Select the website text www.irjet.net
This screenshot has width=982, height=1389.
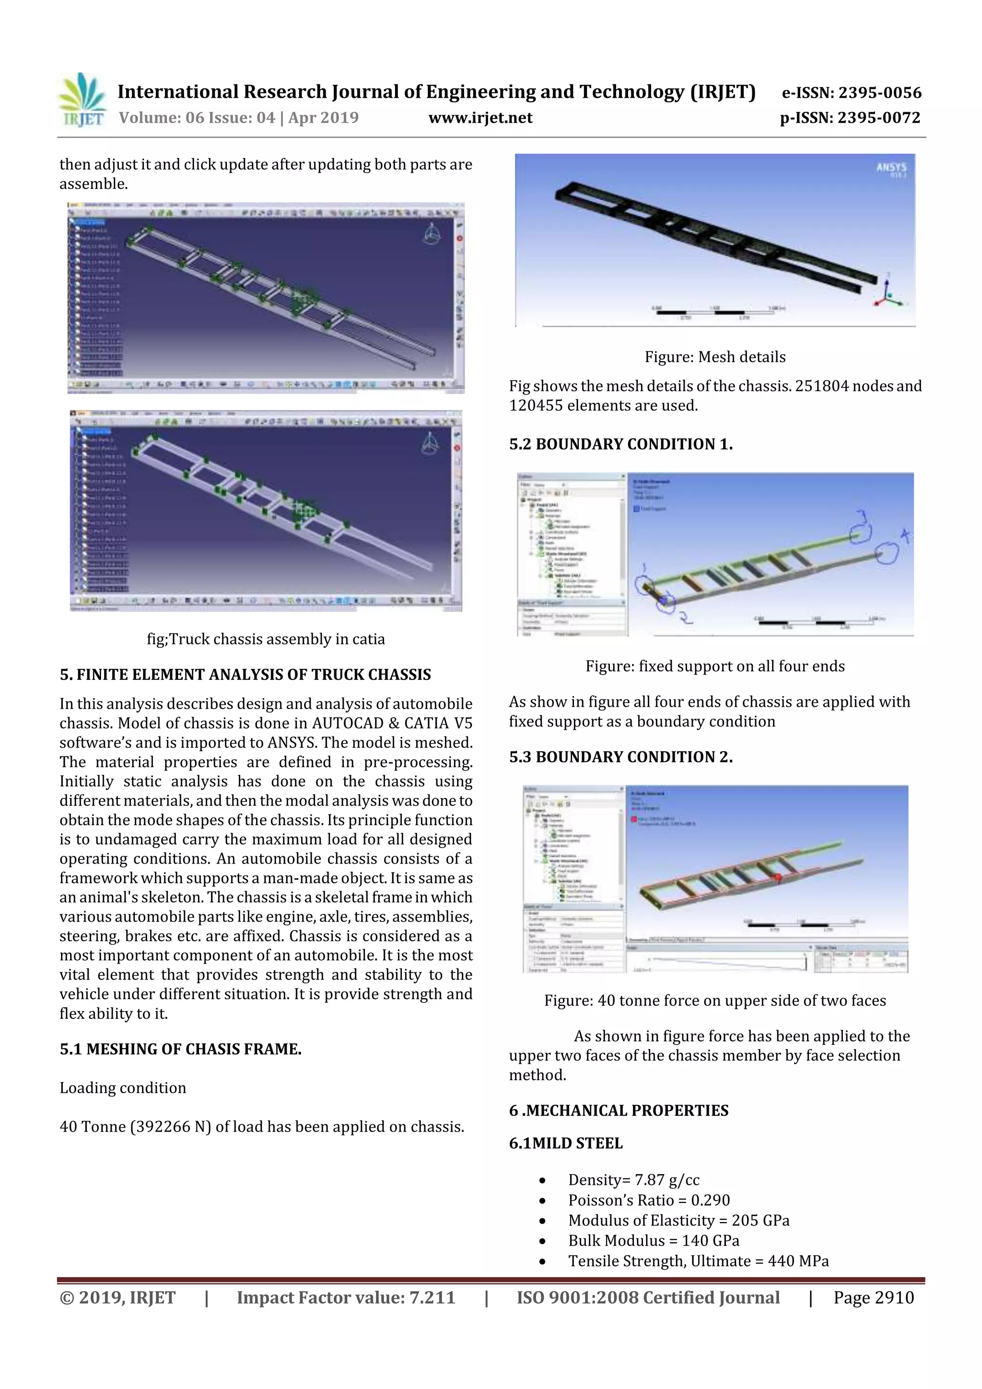(480, 118)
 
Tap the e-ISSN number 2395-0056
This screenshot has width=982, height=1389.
(880, 93)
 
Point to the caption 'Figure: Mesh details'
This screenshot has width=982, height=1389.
(714, 357)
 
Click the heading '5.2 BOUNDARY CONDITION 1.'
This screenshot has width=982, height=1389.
(620, 444)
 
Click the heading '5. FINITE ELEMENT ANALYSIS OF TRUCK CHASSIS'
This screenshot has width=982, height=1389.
(245, 675)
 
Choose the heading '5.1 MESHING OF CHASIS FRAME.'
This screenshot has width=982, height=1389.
(180, 1049)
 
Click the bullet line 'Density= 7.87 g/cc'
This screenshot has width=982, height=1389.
(633, 1179)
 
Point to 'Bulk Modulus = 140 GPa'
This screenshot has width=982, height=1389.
(653, 1241)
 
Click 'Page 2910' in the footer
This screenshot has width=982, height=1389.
(873, 1297)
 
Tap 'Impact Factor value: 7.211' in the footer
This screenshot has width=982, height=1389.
(346, 1297)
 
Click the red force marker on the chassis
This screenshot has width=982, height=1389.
(778, 877)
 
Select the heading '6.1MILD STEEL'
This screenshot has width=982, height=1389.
(565, 1144)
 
